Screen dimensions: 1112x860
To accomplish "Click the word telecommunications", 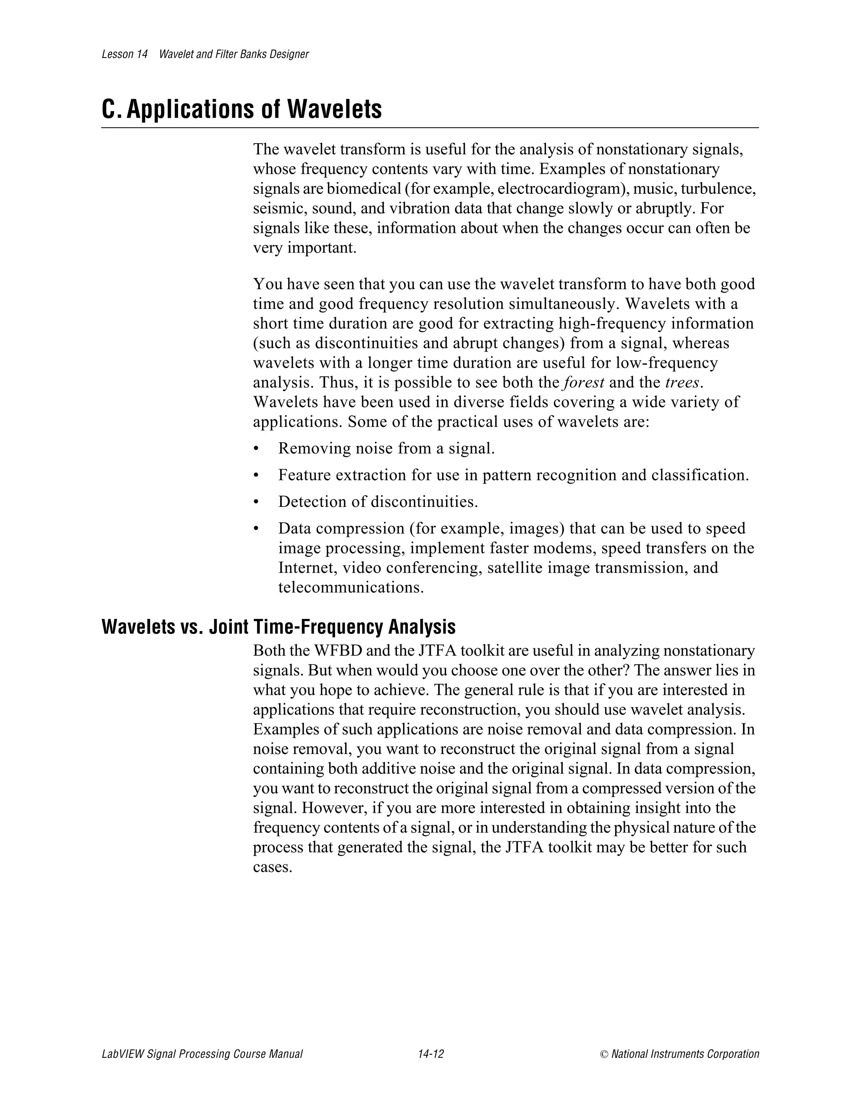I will pos(351,587).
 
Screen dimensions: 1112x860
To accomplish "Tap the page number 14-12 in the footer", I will pos(430,1054).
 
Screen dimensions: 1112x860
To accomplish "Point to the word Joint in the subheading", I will pos(229,627).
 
